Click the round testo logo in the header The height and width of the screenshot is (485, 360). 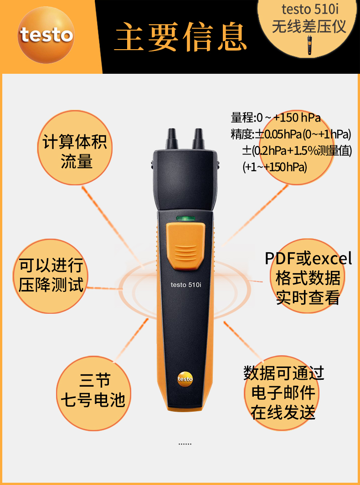(46, 35)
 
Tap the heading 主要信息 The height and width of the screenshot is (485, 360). (181, 36)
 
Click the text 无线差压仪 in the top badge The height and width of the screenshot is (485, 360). (309, 26)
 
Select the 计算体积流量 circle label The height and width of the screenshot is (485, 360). (75, 151)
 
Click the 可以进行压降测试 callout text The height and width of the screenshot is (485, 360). (51, 275)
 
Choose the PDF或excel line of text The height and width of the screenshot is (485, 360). (309, 259)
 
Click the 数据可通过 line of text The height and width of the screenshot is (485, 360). (283, 373)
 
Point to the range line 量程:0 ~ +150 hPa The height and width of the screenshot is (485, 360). (276, 118)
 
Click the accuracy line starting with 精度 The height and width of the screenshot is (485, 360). (291, 134)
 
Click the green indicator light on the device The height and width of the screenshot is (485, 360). (186, 219)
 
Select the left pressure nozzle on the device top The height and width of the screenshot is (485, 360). (172, 139)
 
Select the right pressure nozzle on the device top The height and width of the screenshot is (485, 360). (198, 139)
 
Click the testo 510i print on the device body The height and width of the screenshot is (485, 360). (186, 285)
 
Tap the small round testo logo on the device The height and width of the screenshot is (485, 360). (185, 379)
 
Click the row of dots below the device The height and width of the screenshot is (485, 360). (185, 444)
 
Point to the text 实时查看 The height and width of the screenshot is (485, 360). (308, 297)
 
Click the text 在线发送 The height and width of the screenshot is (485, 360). (283, 412)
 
